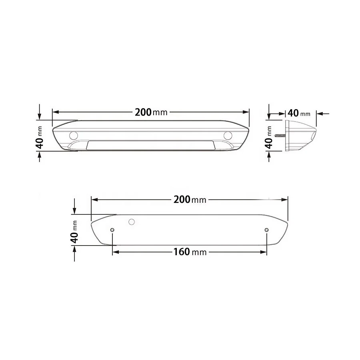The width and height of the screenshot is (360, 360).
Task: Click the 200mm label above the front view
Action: point(151,112)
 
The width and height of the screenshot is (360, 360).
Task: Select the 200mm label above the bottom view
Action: point(190,200)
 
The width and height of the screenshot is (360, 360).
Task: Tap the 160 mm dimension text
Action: point(190,252)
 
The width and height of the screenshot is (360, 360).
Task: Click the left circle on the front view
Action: point(74,135)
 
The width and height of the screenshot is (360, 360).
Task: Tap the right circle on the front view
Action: point(228,135)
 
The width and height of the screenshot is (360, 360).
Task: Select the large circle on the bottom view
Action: point(131,222)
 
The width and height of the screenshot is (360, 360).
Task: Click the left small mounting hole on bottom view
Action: point(112,230)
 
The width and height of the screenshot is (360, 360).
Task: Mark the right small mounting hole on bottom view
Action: point(267,230)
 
